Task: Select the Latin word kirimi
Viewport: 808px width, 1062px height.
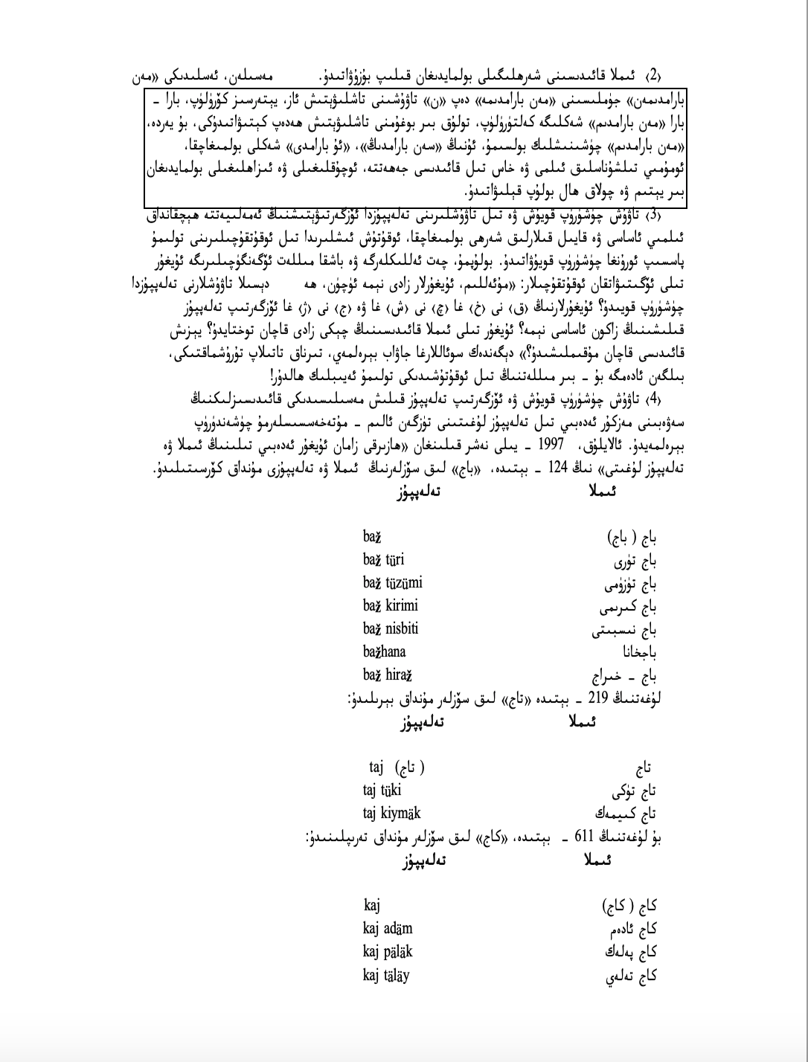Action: (x=402, y=605)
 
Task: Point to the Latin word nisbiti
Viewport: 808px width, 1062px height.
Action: (x=402, y=628)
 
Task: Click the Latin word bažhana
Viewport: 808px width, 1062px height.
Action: (x=385, y=651)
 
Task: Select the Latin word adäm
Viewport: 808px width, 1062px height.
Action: (x=399, y=929)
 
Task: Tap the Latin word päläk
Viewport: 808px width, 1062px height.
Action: (x=399, y=952)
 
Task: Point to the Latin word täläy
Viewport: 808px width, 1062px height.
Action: (x=397, y=975)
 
